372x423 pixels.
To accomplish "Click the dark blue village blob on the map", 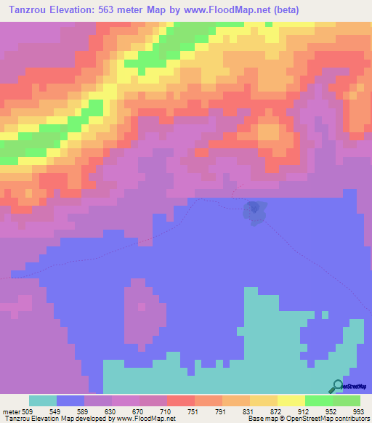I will pos(254,211).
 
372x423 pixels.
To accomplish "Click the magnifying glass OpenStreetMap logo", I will pos(338,386).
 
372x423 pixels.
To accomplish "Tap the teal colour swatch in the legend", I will pos(43,400).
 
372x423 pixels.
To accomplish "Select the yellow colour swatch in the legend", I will pos(291,400).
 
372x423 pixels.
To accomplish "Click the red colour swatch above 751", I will pos(180,400).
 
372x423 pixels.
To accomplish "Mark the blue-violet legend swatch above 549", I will pos(70,400).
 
